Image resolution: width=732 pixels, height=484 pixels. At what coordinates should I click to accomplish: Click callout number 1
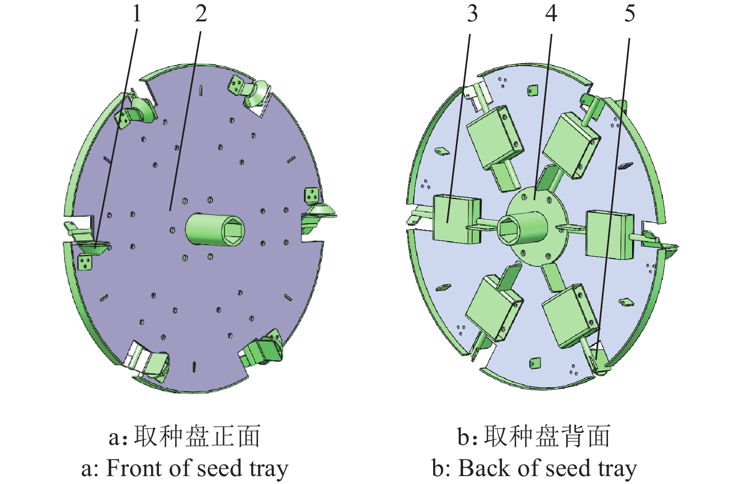click(136, 13)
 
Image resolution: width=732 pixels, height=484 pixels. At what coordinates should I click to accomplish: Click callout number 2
click(201, 13)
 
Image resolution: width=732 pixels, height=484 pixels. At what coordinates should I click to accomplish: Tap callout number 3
click(472, 13)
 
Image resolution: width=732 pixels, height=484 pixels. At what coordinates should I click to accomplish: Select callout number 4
click(551, 13)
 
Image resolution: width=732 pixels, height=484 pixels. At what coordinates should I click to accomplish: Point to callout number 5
click(629, 13)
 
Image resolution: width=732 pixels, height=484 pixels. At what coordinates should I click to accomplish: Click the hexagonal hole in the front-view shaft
click(232, 230)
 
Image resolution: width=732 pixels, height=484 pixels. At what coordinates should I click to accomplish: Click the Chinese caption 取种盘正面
click(197, 437)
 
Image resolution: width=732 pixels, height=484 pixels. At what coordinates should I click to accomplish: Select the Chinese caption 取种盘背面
click(547, 437)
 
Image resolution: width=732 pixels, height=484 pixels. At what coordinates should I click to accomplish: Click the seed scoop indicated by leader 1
click(95, 246)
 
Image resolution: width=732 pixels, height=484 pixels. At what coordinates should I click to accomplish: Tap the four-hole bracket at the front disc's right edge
click(311, 196)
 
